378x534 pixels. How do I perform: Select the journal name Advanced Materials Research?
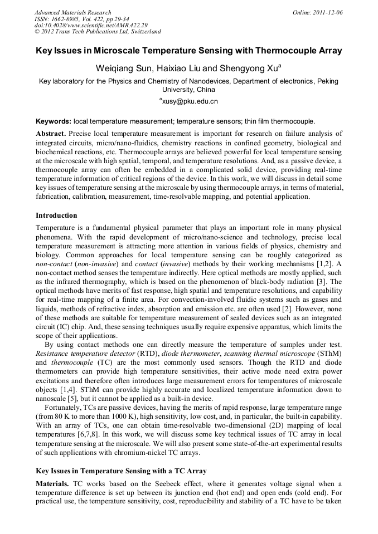click(72, 12)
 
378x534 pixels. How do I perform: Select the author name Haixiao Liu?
click(181, 68)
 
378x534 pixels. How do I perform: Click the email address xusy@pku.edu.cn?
click(190, 101)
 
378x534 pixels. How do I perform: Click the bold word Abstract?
click(50, 134)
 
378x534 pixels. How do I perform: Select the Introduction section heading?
click(56, 215)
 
